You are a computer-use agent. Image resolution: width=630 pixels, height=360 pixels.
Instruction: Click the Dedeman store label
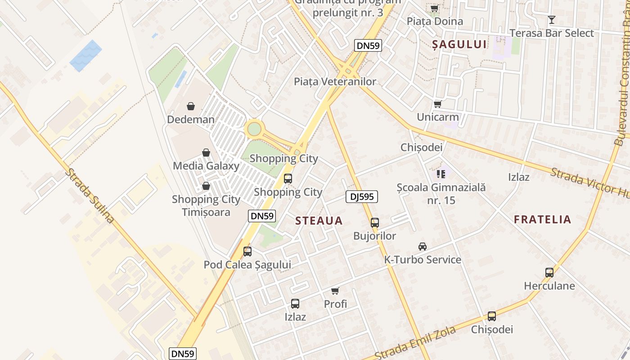click(191, 120)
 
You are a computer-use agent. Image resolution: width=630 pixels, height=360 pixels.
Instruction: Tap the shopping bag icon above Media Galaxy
click(206, 153)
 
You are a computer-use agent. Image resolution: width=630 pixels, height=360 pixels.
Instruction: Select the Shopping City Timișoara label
click(206, 206)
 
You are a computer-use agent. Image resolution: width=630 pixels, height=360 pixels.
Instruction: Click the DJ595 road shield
click(362, 196)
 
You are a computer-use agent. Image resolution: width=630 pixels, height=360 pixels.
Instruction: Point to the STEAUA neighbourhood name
click(319, 221)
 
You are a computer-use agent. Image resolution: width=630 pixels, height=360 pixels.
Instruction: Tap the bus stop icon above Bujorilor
click(374, 222)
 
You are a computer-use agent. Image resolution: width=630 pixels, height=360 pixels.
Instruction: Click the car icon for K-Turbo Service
click(422, 247)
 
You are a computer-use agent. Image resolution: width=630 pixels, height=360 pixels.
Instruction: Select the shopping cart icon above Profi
click(335, 291)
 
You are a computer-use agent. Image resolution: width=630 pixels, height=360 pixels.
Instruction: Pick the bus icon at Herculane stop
click(549, 272)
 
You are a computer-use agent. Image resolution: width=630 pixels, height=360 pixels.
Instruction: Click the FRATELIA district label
click(543, 220)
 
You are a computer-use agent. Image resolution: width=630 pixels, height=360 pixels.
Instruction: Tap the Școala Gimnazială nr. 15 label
click(441, 194)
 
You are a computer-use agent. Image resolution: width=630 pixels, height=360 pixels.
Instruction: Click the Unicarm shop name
click(438, 117)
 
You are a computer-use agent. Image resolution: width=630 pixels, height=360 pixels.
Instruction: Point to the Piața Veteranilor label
click(335, 81)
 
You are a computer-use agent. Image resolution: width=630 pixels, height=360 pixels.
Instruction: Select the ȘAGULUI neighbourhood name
click(459, 44)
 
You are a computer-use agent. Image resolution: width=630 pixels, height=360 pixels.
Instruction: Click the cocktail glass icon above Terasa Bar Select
click(552, 20)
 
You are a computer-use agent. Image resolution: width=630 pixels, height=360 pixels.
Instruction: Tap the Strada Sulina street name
click(90, 196)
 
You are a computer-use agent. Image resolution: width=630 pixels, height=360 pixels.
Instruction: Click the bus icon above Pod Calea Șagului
click(247, 252)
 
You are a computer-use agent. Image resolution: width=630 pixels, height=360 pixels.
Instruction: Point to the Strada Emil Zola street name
click(415, 343)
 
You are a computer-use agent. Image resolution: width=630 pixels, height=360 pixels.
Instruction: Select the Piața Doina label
click(435, 21)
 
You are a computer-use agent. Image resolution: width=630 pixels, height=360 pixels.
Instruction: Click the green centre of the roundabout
click(254, 129)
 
